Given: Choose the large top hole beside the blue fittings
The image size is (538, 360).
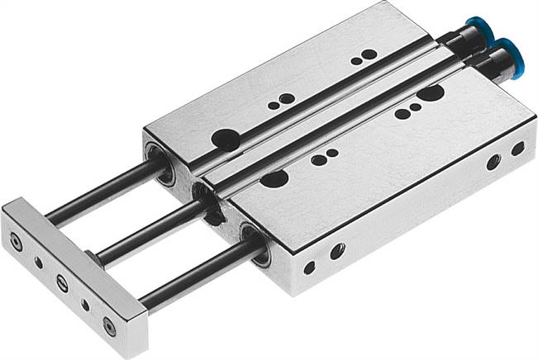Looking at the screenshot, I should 429,94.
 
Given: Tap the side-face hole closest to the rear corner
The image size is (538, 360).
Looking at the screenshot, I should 517,149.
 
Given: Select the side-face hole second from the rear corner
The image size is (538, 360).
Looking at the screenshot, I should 493,163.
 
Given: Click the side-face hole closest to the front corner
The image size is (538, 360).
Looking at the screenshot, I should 309,268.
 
